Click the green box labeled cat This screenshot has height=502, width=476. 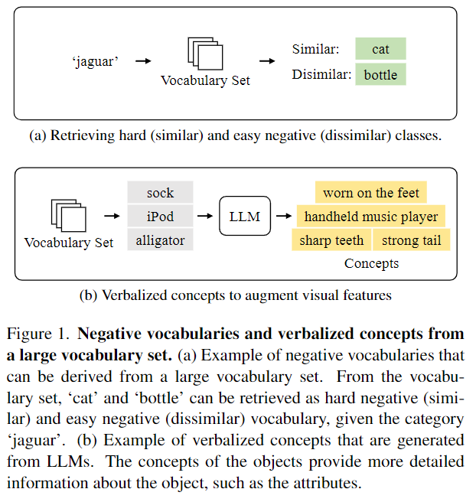pos(380,49)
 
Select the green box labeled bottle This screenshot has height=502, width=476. pos(380,74)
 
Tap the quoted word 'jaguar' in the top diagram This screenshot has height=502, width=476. pos(95,61)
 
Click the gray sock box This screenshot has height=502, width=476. pos(161,192)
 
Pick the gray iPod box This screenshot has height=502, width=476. pos(161,217)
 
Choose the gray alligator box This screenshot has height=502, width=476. pos(161,240)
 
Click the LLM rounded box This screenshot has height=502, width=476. pos(245,217)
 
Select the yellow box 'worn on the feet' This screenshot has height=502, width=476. pos(370,193)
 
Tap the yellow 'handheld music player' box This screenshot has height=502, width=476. pos(371,217)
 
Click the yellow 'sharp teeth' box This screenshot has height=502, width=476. pos(331,240)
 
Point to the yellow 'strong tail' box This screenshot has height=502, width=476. pos(412,240)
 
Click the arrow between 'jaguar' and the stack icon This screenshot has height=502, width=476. pos(142,61)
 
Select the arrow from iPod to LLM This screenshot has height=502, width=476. pos(206,217)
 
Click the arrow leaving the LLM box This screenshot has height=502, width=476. pos(282,217)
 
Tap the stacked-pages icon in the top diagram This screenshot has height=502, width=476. pos(205,54)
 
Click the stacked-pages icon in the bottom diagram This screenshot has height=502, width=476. pos(68,217)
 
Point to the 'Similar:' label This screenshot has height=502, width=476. pos(315,49)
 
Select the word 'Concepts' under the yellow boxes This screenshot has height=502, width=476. pos(371,263)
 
